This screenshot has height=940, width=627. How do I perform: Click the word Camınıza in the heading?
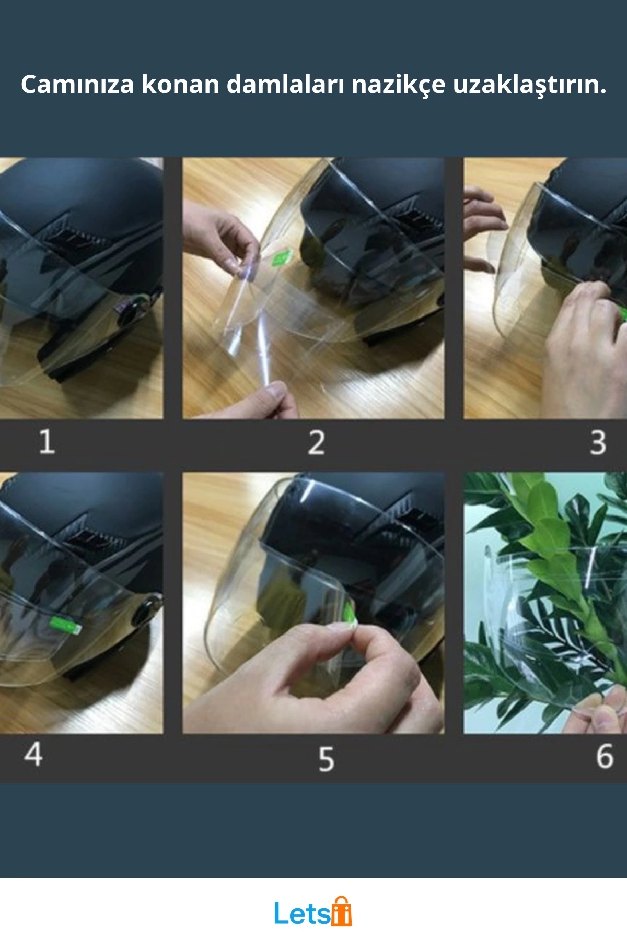(77, 84)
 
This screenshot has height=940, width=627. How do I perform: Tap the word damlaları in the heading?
(285, 84)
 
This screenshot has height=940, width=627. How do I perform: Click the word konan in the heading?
(180, 84)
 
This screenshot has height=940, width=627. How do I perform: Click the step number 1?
(47, 442)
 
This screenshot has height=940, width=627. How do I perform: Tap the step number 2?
(316, 442)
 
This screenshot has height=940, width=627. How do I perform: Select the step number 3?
(598, 442)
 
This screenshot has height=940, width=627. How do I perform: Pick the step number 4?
(33, 754)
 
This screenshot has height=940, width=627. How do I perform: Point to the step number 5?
(326, 759)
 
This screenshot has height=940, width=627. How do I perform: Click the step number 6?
(605, 756)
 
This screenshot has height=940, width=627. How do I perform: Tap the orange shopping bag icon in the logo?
(342, 911)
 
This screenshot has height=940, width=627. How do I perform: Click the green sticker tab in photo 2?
(283, 257)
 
